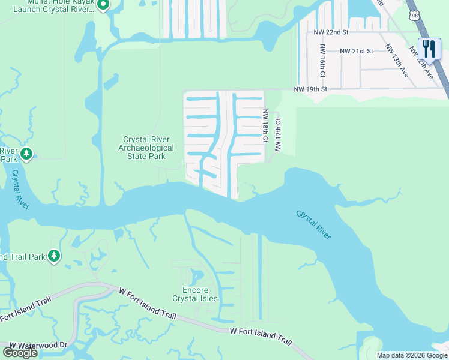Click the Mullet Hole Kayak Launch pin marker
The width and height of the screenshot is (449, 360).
(x=103, y=5)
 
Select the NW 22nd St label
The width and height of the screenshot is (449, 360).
(x=331, y=33)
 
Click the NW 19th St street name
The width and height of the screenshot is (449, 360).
(x=310, y=89)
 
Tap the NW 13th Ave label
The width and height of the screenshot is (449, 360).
(x=397, y=61)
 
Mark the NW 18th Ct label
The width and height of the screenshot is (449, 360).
(x=264, y=125)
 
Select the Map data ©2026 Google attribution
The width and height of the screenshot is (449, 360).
(x=411, y=355)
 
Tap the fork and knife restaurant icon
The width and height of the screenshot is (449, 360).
(x=429, y=48)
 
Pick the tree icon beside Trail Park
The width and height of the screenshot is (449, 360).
(x=54, y=256)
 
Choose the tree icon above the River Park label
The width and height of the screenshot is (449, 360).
(x=26, y=154)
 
